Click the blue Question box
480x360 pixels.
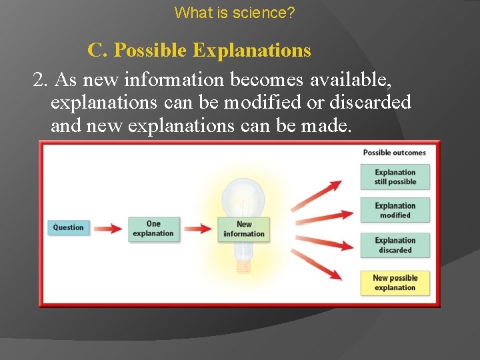68,227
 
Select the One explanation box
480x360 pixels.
153,229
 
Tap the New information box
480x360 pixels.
244,229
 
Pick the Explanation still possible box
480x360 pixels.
395,177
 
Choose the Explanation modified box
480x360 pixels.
395,211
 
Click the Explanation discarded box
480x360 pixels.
395,245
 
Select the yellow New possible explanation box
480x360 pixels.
395,283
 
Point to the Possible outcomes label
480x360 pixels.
394,153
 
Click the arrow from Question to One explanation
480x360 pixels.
107,228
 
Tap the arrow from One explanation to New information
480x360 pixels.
197,229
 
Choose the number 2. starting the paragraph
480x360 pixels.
41,80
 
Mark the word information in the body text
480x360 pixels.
173,80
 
